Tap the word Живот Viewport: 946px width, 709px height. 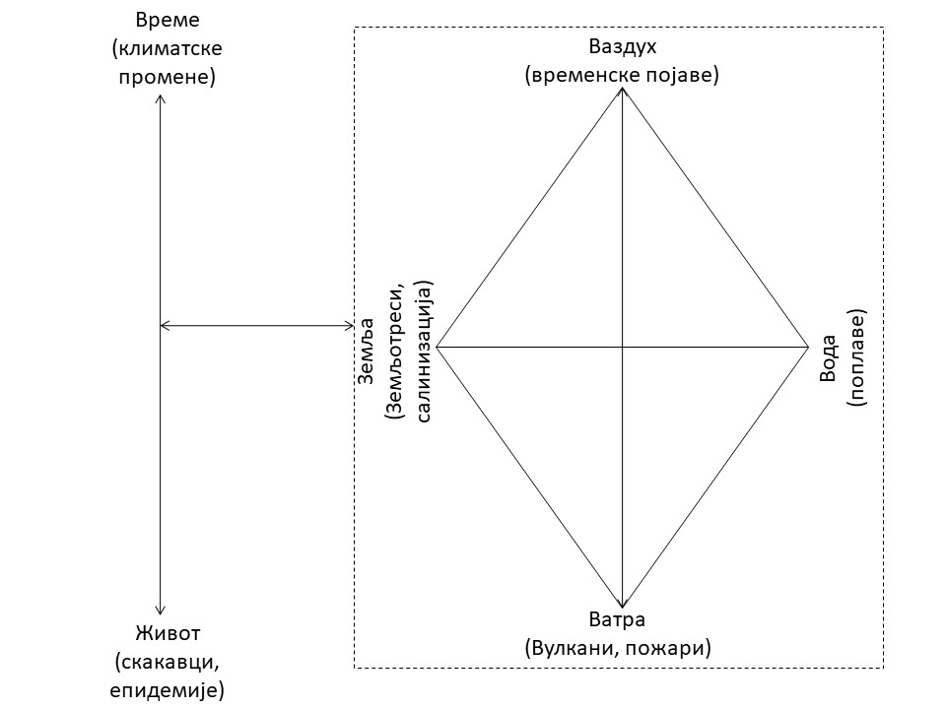[162, 632]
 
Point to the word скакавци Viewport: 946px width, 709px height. [166, 661]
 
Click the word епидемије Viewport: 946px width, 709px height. [166, 689]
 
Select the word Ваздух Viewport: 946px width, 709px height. [622, 46]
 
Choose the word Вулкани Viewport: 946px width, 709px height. [569, 648]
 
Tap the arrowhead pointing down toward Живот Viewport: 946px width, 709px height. [161, 608]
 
